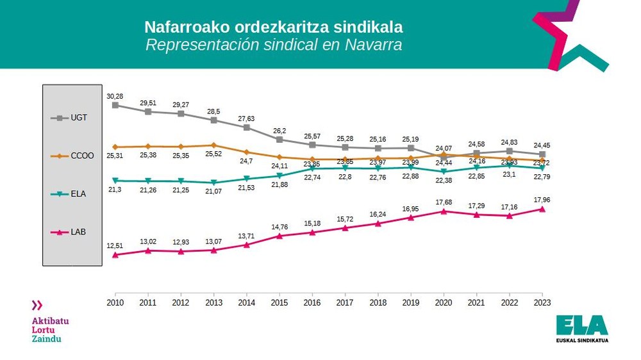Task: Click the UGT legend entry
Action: (x=69, y=118)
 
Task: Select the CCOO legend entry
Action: (x=69, y=156)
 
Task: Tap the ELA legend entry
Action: (x=69, y=193)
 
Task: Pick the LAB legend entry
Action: (x=69, y=231)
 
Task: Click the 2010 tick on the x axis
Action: (x=115, y=302)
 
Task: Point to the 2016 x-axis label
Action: (x=312, y=302)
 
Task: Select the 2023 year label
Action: (x=542, y=302)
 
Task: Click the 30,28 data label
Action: (x=115, y=96)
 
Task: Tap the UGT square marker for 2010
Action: (x=115, y=105)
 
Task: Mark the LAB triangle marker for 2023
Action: (x=542, y=209)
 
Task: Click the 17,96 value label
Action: (x=542, y=199)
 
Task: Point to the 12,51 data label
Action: (x=115, y=245)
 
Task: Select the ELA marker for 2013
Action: (x=213, y=183)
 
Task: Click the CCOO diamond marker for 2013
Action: (x=213, y=145)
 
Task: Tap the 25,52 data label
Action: (x=213, y=154)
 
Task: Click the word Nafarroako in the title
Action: (x=181, y=28)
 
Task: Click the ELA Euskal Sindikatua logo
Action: (x=582, y=328)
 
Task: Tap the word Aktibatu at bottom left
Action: (x=50, y=320)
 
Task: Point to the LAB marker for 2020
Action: (x=444, y=211)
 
